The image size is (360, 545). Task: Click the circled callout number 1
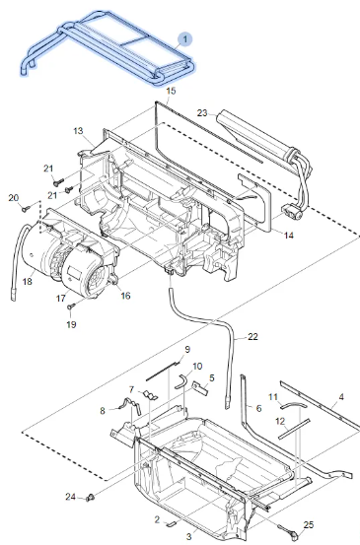(x=183, y=36)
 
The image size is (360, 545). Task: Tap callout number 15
(x=170, y=91)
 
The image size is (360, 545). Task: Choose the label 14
(x=288, y=235)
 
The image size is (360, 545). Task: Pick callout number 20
(x=14, y=198)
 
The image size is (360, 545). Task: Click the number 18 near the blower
(x=27, y=281)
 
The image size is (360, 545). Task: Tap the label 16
(x=125, y=295)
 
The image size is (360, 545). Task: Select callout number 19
(x=71, y=324)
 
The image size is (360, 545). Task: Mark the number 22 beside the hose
(x=252, y=337)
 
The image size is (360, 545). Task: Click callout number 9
(x=187, y=350)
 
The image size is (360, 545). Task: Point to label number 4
(x=340, y=397)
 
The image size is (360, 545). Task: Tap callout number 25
(x=308, y=524)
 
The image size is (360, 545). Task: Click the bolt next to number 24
(x=91, y=495)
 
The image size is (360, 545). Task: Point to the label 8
(x=101, y=410)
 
